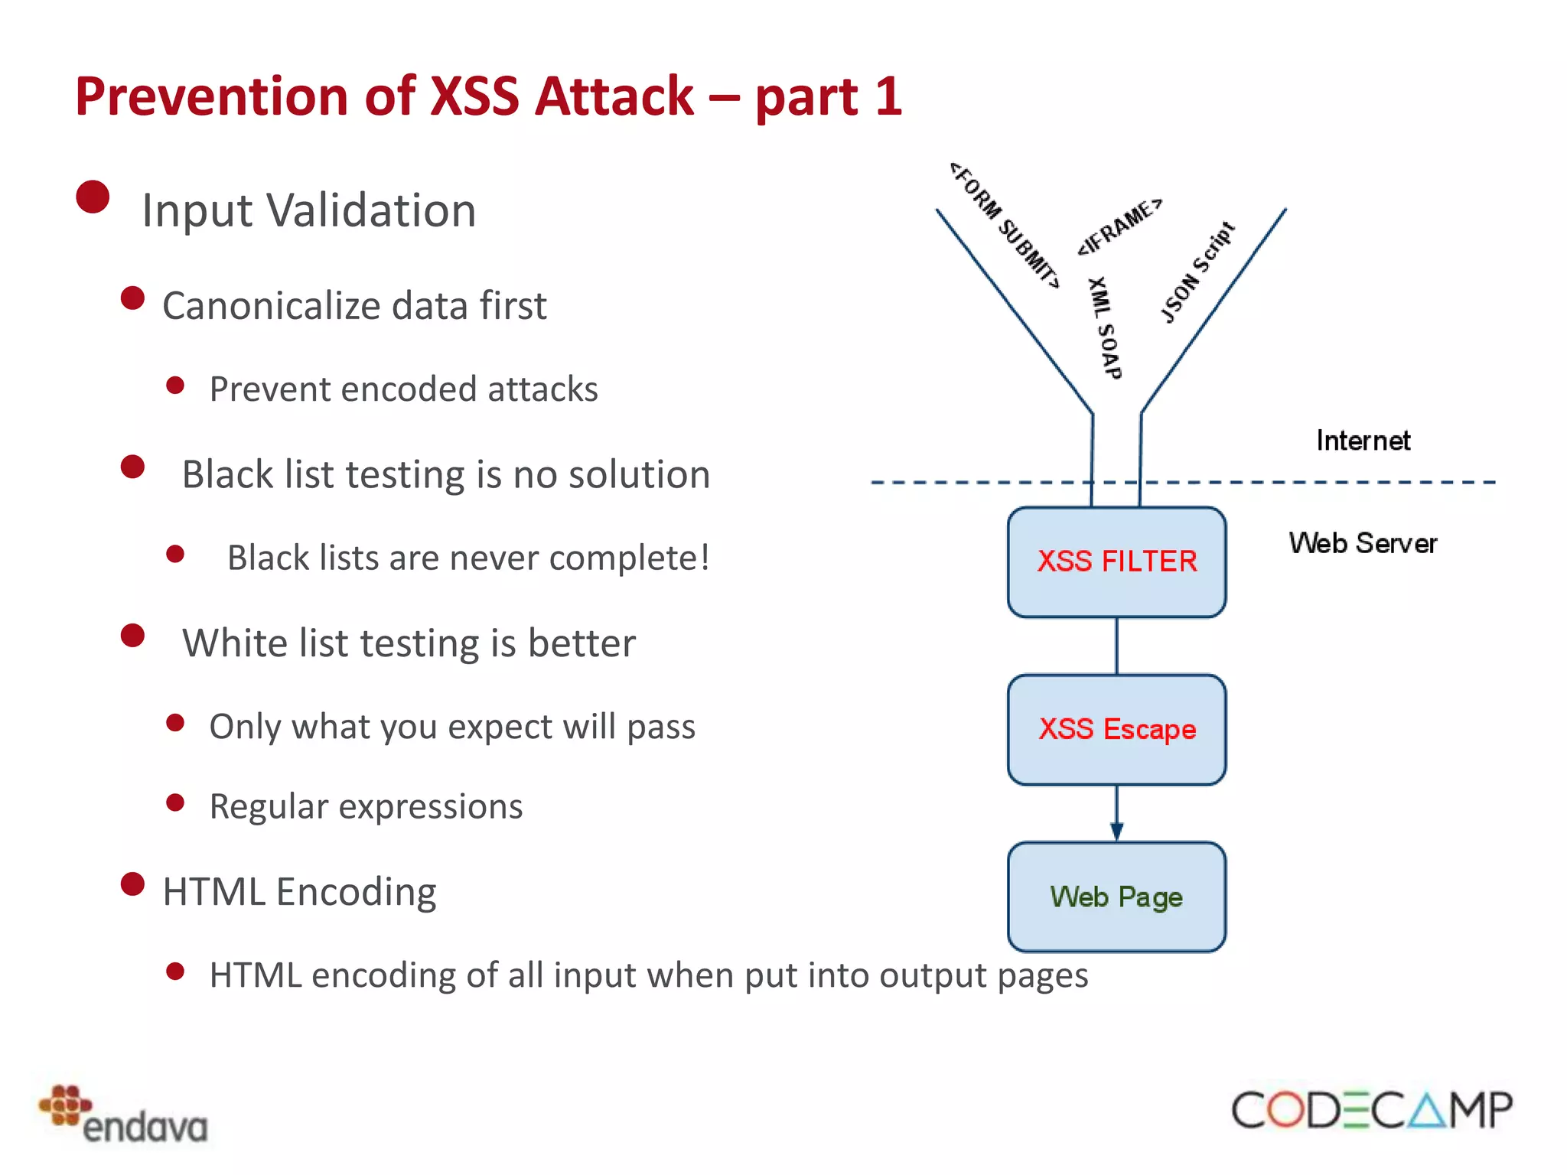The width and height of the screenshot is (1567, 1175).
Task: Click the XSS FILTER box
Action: [x=1116, y=561]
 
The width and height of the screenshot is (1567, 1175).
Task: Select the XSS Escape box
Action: [x=1116, y=729]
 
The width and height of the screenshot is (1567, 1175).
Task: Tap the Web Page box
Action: [x=1116, y=897]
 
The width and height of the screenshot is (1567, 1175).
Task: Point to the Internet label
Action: [x=1363, y=441]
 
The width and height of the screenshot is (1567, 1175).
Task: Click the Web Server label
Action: [x=1363, y=543]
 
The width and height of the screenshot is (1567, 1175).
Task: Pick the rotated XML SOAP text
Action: [x=1104, y=328]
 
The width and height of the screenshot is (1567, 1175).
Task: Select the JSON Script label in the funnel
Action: [x=1197, y=272]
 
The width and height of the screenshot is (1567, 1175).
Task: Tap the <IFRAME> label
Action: [x=1120, y=226]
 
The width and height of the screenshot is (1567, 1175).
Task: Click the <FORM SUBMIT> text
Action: [x=1005, y=226]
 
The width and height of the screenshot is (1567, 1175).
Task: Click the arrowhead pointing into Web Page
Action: [x=1116, y=832]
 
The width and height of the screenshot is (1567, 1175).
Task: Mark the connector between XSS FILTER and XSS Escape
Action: [x=1116, y=646]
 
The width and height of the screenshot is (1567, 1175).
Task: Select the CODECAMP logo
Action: [x=1371, y=1110]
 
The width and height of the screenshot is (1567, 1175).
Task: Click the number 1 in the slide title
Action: [x=888, y=97]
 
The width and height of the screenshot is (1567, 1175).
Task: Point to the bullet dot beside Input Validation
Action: [x=93, y=197]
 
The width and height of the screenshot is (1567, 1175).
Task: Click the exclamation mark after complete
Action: [x=704, y=557]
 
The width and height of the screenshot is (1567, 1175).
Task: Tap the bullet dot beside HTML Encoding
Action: [x=133, y=884]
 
